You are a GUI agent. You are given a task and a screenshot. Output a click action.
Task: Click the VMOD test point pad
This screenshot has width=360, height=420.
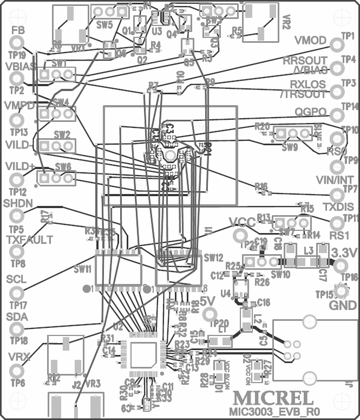337,43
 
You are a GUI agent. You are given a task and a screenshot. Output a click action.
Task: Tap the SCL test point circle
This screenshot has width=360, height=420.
17,294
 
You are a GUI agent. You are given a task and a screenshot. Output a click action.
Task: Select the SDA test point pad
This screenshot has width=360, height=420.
17,328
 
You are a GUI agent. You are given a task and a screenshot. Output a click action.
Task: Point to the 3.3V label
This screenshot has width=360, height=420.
343,253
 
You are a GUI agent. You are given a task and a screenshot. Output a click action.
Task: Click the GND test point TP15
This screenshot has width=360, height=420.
342,292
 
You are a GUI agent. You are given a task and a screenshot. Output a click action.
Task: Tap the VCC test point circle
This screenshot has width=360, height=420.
238,235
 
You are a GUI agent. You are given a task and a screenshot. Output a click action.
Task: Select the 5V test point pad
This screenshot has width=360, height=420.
211,313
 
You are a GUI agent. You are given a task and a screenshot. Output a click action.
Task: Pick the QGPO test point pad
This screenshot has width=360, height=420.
337,114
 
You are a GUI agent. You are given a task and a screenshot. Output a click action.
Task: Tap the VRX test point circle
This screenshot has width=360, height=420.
17,371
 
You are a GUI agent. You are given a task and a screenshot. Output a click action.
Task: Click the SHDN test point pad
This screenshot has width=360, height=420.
17,216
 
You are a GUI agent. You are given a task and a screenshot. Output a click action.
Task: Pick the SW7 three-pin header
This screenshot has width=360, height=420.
292,222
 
